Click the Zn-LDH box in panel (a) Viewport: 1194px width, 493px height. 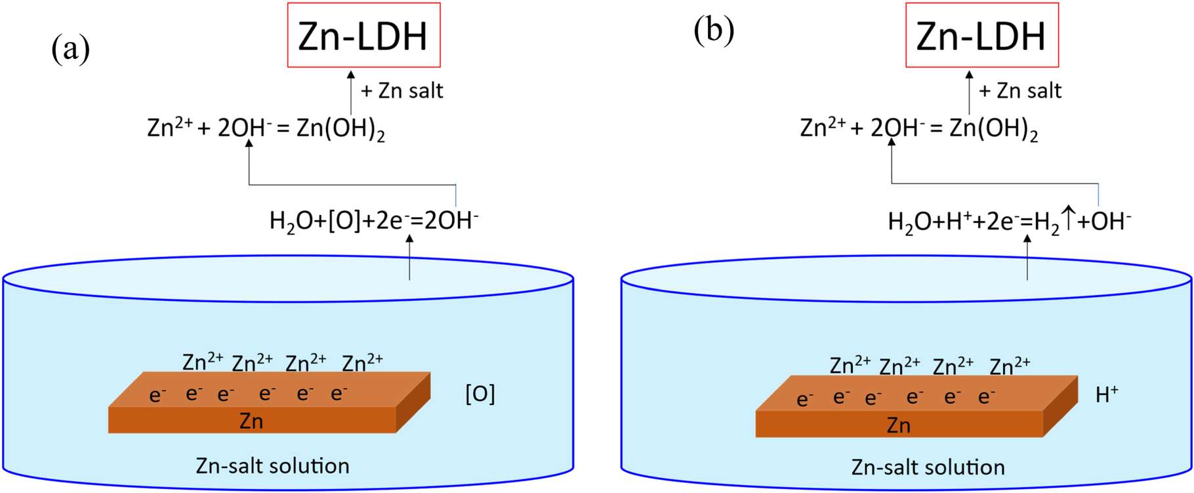(x=363, y=35)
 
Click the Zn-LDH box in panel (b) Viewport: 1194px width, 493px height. (x=981, y=35)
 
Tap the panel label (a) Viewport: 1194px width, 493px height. (x=70, y=49)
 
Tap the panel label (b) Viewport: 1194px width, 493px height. (x=713, y=31)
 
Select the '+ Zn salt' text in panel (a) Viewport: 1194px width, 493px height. (x=402, y=90)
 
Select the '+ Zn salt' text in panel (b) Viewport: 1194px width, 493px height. (x=1020, y=90)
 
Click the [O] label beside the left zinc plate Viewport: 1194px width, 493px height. (x=480, y=394)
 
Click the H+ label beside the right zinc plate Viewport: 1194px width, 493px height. (x=1107, y=394)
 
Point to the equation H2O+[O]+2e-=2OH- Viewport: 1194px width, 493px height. (x=374, y=221)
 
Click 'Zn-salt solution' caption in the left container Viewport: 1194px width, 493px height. (x=272, y=466)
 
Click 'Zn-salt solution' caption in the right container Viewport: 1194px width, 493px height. (x=928, y=467)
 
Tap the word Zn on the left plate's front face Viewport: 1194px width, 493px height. (x=251, y=421)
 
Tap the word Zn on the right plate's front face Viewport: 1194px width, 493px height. (x=898, y=425)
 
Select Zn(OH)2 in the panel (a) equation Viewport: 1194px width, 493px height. (x=340, y=128)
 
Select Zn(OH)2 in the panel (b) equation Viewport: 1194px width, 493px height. (x=993, y=128)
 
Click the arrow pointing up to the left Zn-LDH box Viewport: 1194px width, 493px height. (x=351, y=92)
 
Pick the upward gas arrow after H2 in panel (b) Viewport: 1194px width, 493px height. (x=1069, y=218)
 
